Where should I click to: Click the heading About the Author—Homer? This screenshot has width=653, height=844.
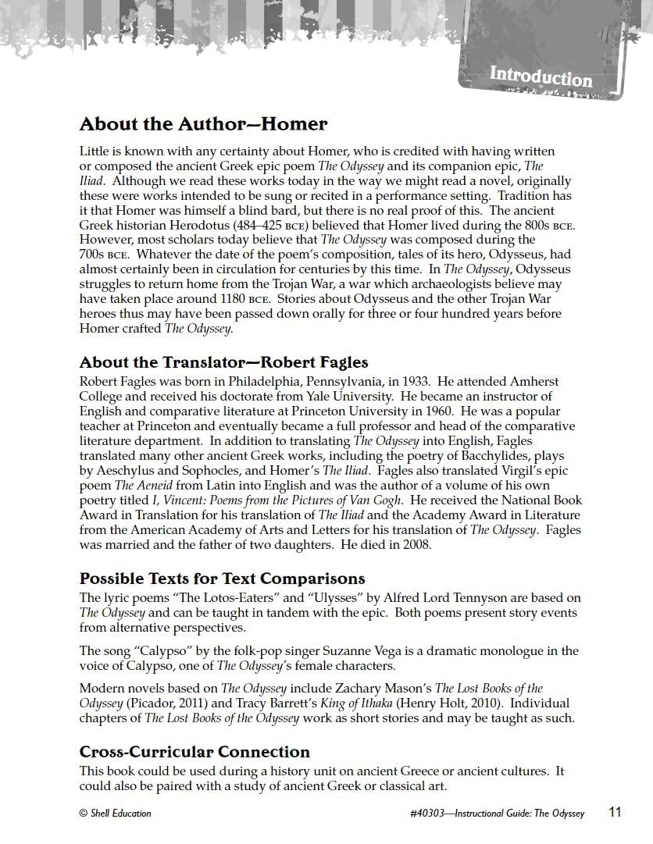point(203,124)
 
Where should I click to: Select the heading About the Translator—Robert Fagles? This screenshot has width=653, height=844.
point(223,362)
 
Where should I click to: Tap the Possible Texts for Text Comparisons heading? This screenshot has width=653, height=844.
point(222,579)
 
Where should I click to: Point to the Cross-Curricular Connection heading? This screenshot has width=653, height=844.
point(194,752)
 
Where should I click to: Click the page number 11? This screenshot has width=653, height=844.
point(615,812)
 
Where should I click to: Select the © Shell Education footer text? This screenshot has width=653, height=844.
point(116,813)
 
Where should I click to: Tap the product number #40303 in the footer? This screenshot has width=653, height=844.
point(426,813)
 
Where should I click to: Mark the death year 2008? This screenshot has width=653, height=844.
point(416,545)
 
